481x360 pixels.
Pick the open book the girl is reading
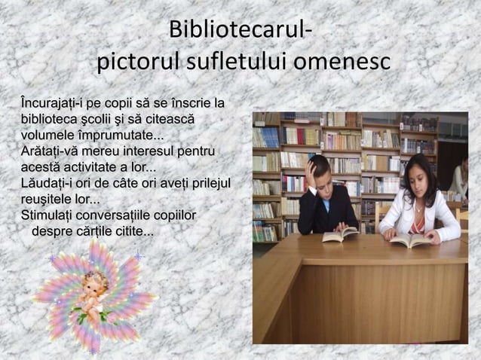tap(410, 239)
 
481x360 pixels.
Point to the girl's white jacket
tap(437, 218)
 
